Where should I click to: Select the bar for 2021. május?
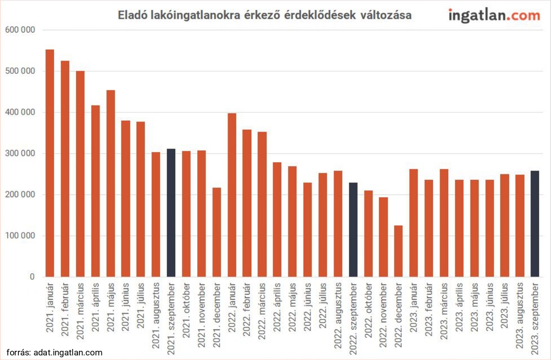(111, 183)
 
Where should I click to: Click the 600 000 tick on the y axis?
(21, 30)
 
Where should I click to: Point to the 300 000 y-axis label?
(21, 154)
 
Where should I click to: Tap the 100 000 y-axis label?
(21, 236)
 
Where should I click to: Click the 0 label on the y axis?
(33, 277)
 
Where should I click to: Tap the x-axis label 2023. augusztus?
(519, 314)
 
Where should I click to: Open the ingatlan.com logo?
(494, 15)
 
